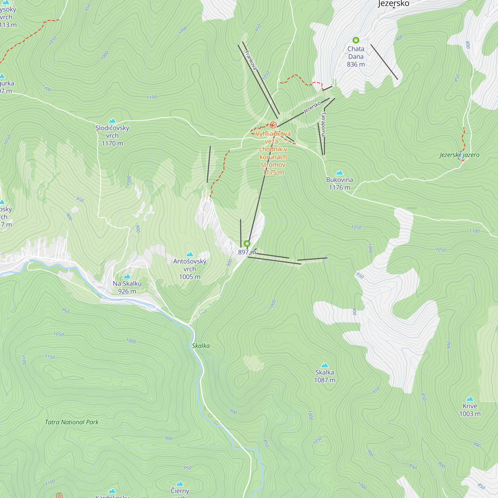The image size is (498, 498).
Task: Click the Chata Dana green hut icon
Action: (356, 40)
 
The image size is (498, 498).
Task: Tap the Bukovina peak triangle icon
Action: (339, 173)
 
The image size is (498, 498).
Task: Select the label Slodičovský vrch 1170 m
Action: (112, 136)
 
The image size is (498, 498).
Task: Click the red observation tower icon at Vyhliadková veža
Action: (273, 125)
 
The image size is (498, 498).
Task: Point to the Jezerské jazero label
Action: (459, 155)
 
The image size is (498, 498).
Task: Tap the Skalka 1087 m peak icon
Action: (324, 365)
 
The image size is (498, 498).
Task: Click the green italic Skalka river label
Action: (200, 346)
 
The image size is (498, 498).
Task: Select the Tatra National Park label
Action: (72, 422)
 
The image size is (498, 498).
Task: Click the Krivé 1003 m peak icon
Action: (470, 399)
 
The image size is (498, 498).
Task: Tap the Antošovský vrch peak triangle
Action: (190, 254)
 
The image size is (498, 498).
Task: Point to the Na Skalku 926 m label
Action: (127, 287)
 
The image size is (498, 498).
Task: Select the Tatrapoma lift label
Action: (323, 124)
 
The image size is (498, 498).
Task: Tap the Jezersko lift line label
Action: (312, 108)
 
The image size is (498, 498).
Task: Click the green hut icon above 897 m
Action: (247, 244)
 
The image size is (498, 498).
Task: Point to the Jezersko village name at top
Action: (393, 3)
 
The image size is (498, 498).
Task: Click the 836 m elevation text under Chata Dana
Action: (356, 64)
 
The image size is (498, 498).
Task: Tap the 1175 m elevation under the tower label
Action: (273, 173)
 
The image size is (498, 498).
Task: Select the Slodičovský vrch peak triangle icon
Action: (112, 121)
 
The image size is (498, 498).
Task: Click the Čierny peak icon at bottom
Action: (180, 484)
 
